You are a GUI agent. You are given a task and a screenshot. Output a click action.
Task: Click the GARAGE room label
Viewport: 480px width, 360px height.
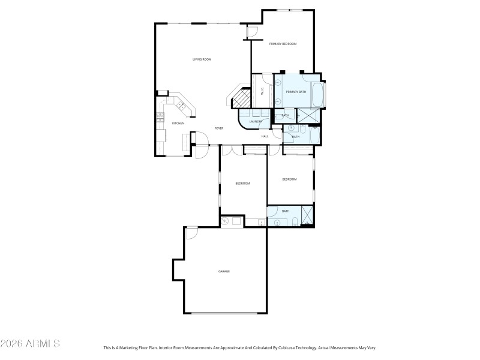(x=224, y=271)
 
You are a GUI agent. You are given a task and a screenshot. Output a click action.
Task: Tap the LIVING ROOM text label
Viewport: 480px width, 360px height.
(x=202, y=59)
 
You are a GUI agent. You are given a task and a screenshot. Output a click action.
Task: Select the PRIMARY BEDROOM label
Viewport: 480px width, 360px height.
(x=283, y=44)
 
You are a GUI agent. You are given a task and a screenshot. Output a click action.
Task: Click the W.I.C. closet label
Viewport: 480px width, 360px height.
(x=262, y=92)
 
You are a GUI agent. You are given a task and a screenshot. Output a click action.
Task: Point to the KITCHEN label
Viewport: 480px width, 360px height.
(x=178, y=124)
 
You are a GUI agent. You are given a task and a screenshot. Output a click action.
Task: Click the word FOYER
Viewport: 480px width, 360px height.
(x=219, y=128)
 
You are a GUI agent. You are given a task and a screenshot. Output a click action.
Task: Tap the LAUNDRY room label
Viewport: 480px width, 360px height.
(x=256, y=122)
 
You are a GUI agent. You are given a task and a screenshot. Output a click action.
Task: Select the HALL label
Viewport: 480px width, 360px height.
(x=265, y=136)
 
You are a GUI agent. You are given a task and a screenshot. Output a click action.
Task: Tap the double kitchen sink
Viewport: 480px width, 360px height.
(x=180, y=106)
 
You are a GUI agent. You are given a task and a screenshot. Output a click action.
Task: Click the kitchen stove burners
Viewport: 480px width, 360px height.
(x=160, y=119)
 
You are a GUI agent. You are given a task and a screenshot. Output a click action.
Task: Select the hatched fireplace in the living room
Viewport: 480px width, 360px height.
(x=241, y=97)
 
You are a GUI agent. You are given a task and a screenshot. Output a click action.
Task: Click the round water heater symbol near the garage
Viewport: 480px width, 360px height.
(x=225, y=221)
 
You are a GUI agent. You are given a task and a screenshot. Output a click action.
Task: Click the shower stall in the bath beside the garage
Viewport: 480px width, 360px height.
(x=308, y=215)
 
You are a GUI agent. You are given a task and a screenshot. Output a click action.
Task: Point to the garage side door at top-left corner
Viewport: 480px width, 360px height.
(x=191, y=233)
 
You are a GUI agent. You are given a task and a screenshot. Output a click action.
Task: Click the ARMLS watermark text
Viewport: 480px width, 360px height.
(x=30, y=344)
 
